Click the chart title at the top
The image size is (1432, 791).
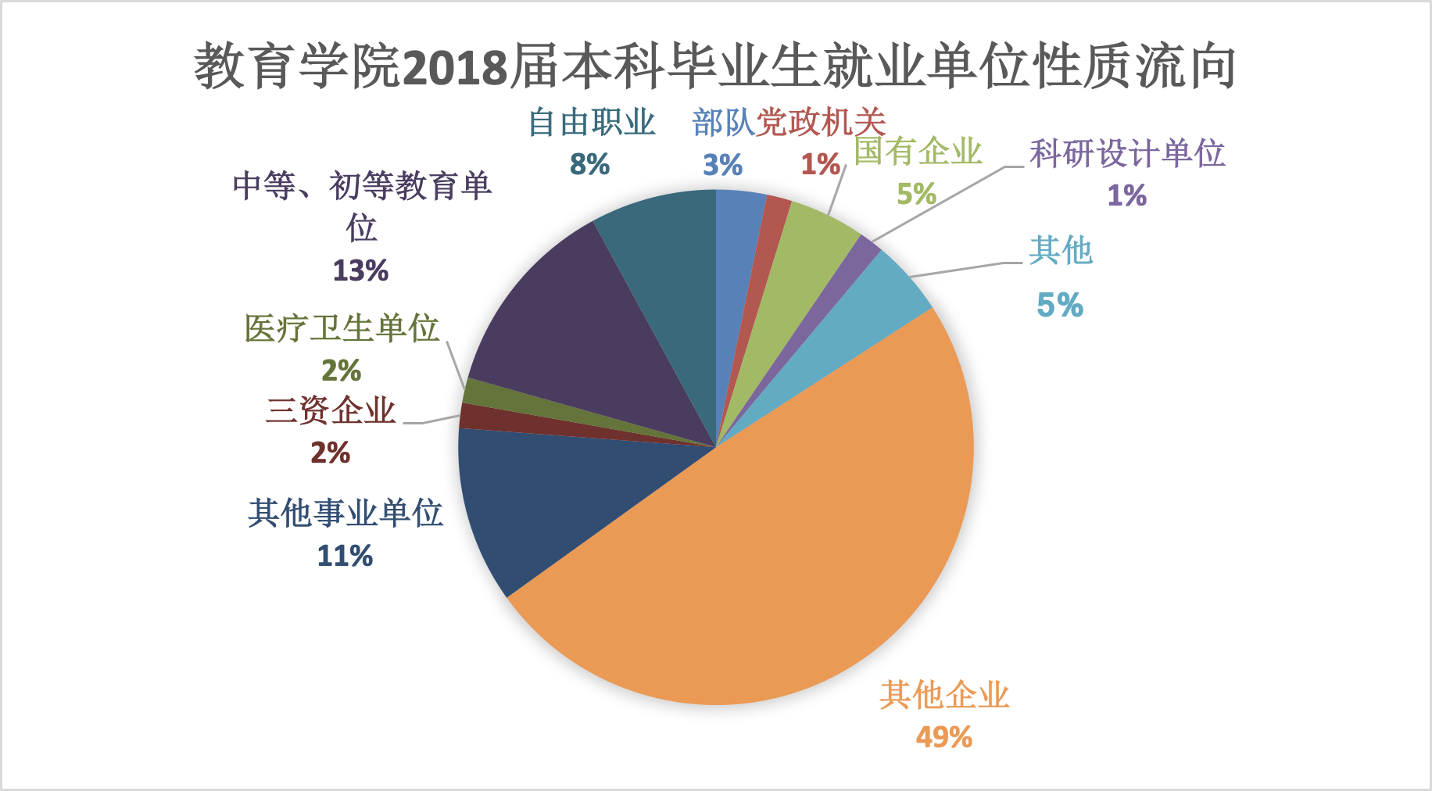(x=714, y=66)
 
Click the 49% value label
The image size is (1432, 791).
(x=944, y=737)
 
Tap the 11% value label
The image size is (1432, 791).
(x=345, y=556)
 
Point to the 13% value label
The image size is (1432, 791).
(x=360, y=270)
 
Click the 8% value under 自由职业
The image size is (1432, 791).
(x=589, y=164)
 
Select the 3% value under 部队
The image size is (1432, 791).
(x=722, y=165)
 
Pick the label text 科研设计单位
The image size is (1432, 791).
(x=1126, y=153)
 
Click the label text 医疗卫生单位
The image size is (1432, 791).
(x=342, y=328)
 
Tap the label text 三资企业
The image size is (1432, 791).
(x=331, y=410)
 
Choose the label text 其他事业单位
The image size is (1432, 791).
(x=345, y=514)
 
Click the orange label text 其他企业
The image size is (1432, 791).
(x=944, y=695)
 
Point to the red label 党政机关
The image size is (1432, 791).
(x=821, y=123)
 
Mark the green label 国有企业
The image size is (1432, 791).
(x=918, y=151)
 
